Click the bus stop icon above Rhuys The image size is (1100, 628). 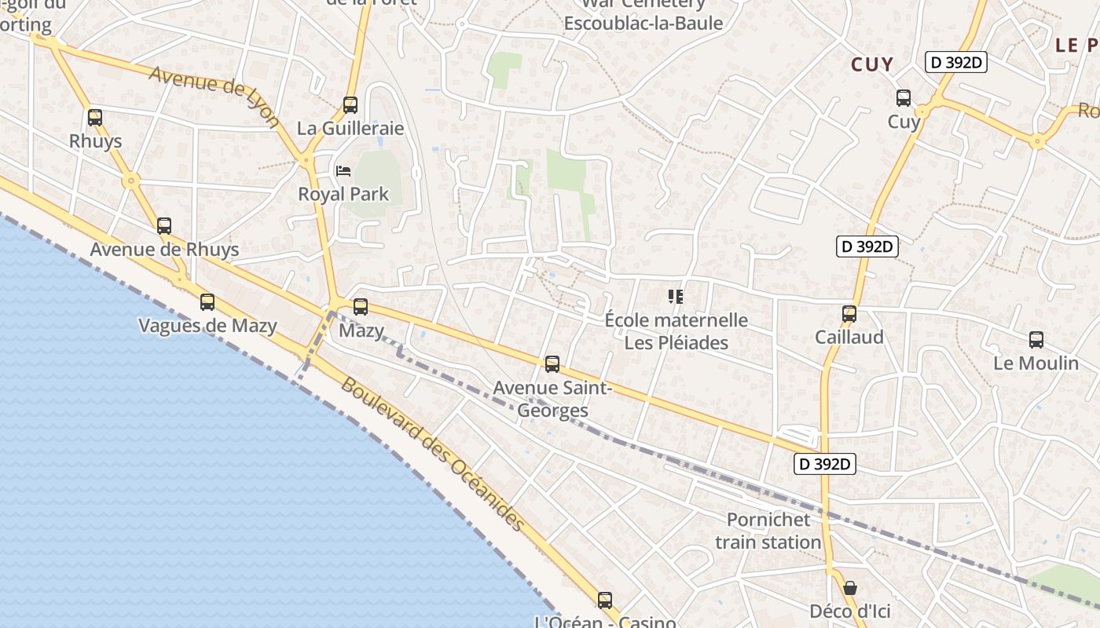tap(95, 118)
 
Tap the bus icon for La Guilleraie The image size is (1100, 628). tap(350, 104)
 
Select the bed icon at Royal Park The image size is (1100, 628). tap(343, 170)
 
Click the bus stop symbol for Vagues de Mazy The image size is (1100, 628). tap(207, 301)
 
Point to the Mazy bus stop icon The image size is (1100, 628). tap(361, 307)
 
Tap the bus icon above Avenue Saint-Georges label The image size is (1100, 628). tap(552, 363)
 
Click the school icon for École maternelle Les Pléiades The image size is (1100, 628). tap(675, 296)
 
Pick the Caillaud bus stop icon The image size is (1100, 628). tap(849, 314)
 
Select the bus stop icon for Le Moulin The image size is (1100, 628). tap(1036, 340)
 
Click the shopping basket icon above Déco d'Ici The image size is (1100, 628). tap(849, 588)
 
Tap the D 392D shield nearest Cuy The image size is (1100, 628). tap(955, 63)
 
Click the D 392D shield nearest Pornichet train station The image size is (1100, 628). tap(823, 464)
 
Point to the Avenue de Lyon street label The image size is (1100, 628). tap(214, 96)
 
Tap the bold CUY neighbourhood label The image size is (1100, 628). tap(872, 64)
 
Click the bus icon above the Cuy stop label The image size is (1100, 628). tap(904, 98)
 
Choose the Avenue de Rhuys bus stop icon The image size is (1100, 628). tap(164, 226)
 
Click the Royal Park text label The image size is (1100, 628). tap(343, 194)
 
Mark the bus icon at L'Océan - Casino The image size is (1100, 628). tap(604, 601)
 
